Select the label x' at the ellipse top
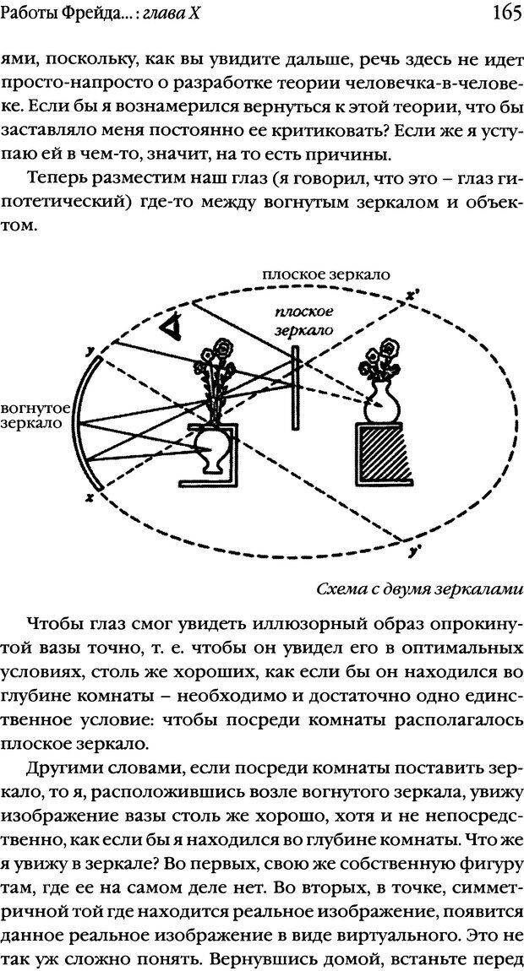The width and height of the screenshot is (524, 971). coord(412,296)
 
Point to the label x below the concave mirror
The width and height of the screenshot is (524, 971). coord(89,499)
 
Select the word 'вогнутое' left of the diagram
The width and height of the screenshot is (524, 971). coord(36,409)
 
